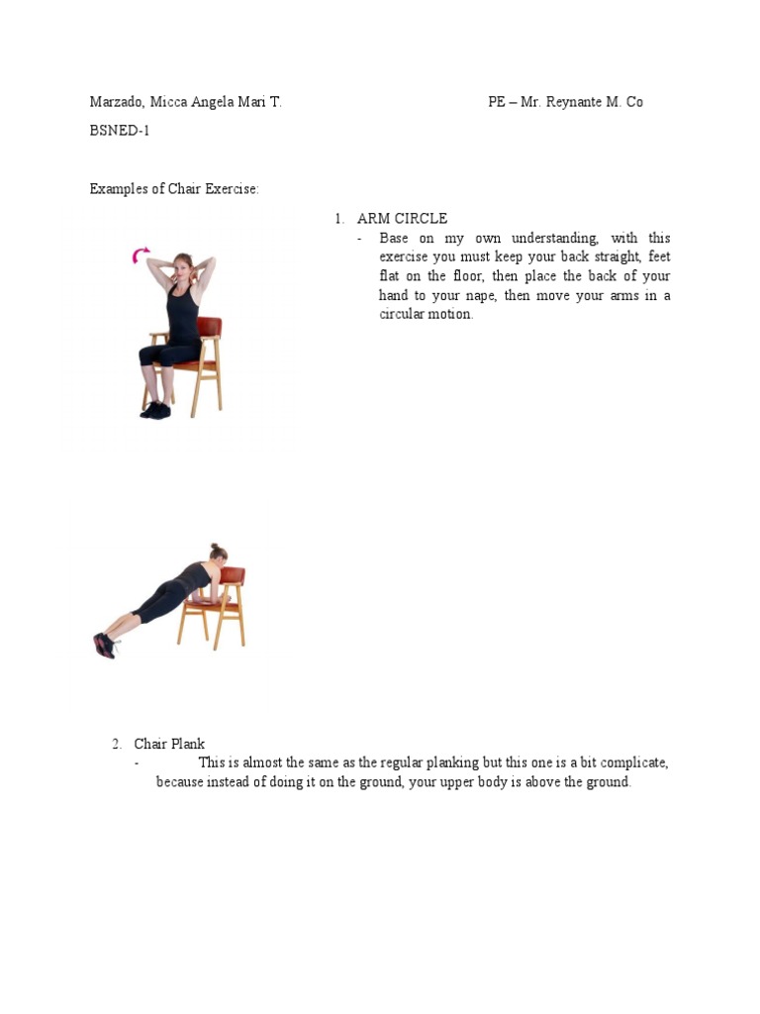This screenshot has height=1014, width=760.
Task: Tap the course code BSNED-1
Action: tap(120, 131)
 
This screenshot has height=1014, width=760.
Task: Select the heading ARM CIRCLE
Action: tap(402, 219)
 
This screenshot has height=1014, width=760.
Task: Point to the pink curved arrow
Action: tap(140, 256)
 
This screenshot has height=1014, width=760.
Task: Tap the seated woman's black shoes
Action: tap(155, 410)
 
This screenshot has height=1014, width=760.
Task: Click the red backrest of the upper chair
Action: tap(209, 328)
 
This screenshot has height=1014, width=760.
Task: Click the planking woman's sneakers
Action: tap(104, 645)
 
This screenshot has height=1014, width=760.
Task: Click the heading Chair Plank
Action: tap(169, 744)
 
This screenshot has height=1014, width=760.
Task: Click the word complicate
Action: tap(624, 762)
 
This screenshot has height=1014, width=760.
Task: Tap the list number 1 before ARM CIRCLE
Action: tap(338, 219)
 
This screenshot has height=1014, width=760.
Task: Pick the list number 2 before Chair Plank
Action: tap(116, 744)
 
